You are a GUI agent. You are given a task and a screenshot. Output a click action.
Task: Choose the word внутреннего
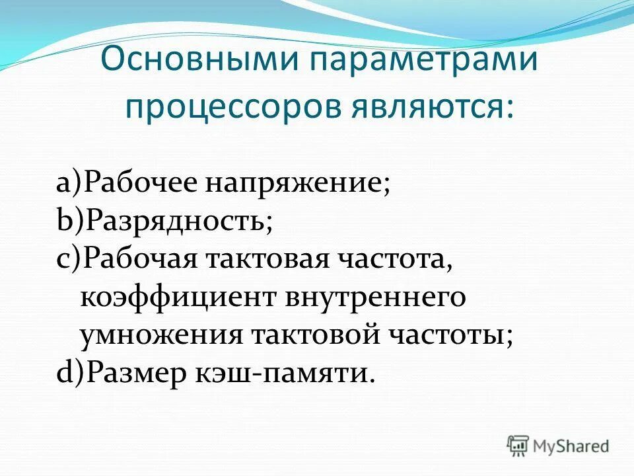376,297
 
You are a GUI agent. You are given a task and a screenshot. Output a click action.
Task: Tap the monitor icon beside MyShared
518,446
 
